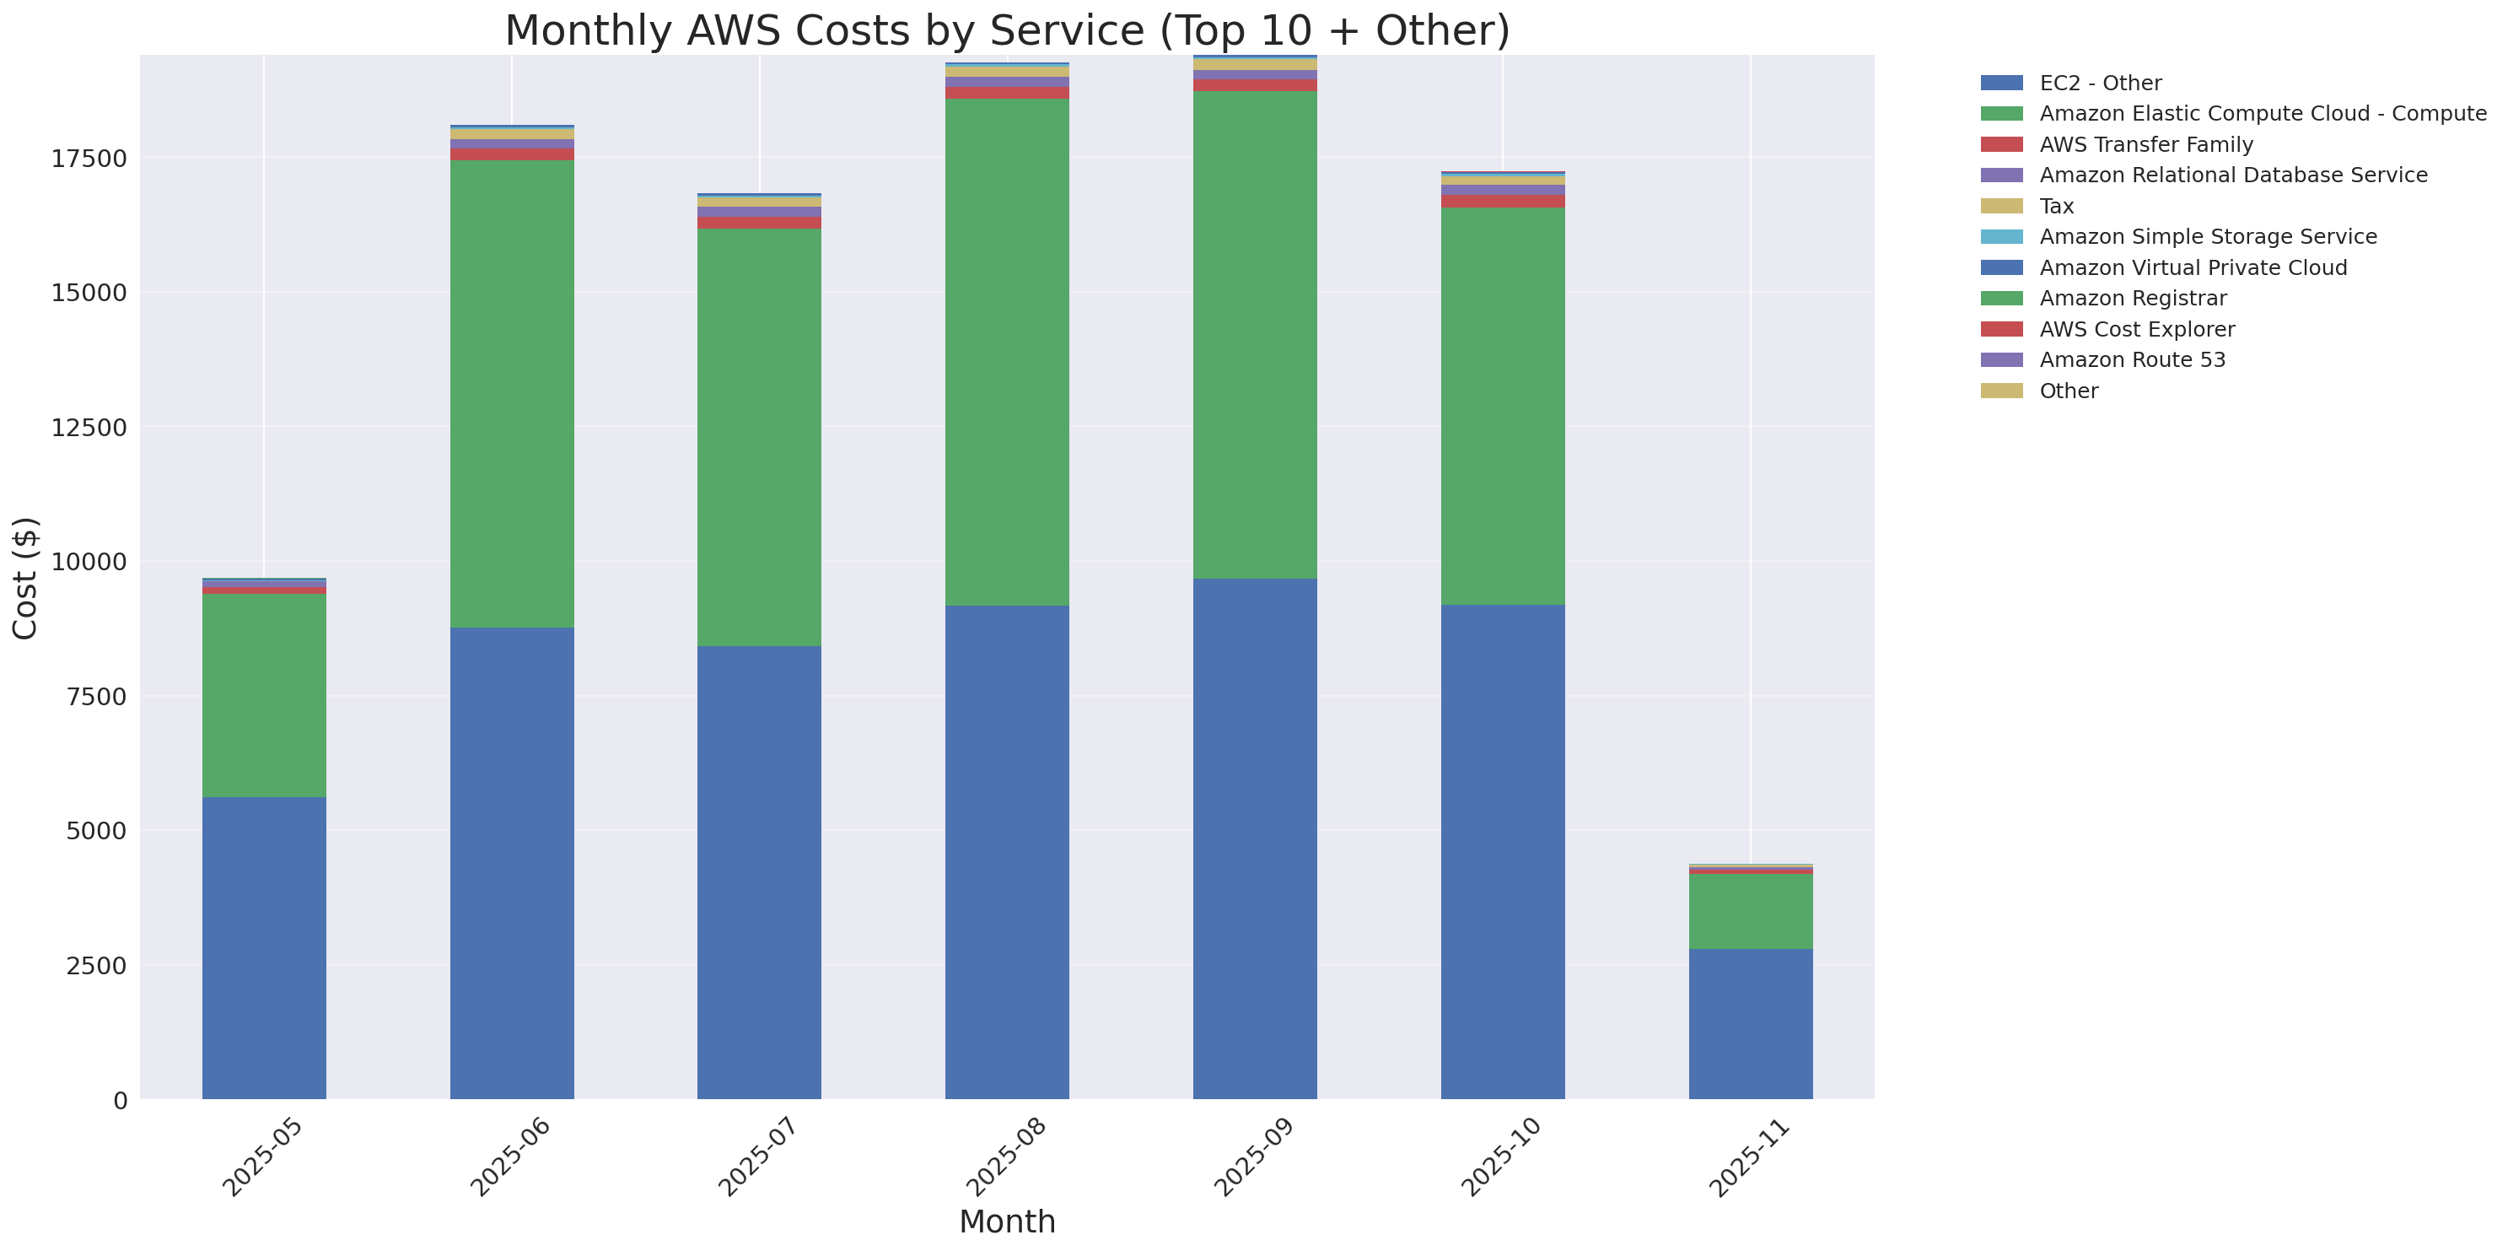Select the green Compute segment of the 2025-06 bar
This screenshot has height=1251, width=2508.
pos(512,394)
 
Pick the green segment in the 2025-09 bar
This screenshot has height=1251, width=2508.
pos(1255,335)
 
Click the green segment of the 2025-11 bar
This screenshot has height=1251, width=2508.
pos(1751,911)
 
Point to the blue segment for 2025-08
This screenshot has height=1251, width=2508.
pos(1007,852)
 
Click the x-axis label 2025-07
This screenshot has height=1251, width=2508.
pos(757,1157)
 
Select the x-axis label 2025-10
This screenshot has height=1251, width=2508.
pos(1500,1157)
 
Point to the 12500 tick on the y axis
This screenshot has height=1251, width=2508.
pos(89,428)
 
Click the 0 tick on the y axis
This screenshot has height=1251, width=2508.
pos(120,1101)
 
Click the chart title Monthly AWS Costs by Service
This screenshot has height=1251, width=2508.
pos(1007,30)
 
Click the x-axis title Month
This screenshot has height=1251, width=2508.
pos(1007,1221)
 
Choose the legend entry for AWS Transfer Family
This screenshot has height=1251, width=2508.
pos(2146,145)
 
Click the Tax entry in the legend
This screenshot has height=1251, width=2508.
pos(2056,207)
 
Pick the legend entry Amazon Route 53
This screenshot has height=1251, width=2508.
pos(2132,360)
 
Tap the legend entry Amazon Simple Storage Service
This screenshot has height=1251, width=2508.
pos(2207,236)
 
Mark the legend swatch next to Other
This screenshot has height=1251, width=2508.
pos(2001,391)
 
